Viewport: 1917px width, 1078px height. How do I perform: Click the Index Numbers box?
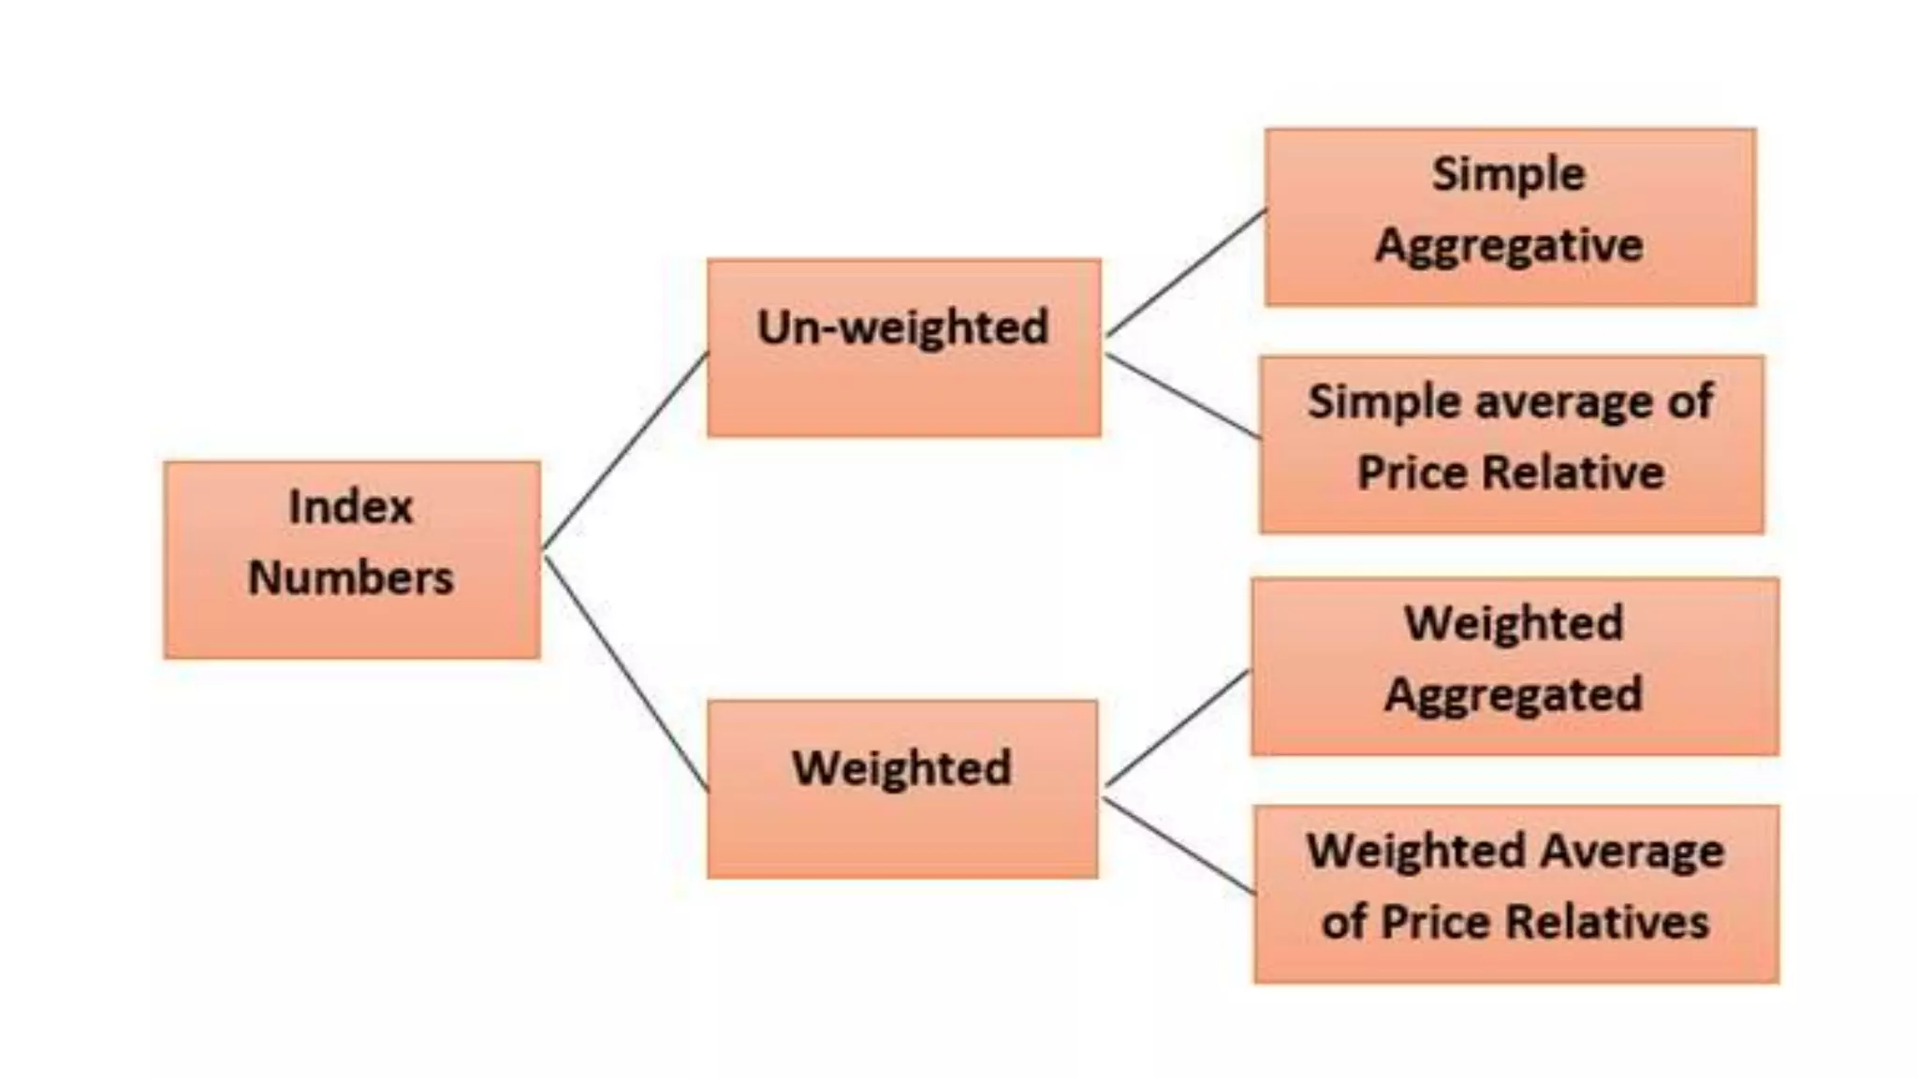pos(352,560)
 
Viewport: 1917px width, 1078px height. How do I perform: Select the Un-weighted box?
pos(903,347)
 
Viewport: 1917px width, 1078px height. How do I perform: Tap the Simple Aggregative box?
pos(1510,217)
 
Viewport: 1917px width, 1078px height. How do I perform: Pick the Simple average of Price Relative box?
pos(1512,444)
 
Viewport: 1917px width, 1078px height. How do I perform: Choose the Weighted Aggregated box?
pos(1515,666)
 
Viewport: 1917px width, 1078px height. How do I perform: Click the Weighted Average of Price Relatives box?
pos(1516,894)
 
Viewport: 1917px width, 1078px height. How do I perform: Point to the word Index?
pos(350,507)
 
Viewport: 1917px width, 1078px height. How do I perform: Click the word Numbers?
pos(350,577)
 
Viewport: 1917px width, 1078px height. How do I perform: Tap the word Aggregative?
pos(1509,246)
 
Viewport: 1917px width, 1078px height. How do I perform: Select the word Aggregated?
pos(1514,695)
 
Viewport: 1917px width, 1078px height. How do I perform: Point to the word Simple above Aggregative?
pos(1509,174)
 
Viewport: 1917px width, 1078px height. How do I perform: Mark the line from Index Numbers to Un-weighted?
pos(625,450)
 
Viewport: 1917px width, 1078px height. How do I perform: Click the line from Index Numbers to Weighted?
pos(625,674)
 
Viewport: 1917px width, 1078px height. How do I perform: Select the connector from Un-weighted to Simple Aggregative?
pos(1186,272)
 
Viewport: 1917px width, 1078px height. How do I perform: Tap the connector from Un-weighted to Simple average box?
pos(1182,396)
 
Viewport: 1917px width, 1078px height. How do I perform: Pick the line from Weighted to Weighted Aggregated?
pos(1177,728)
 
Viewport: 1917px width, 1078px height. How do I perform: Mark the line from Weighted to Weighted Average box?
pos(1178,846)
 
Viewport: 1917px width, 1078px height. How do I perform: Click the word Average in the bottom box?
pos(1632,852)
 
